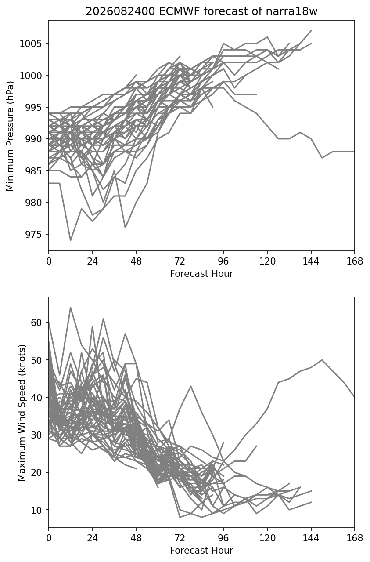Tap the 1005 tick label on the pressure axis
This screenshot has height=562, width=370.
[30, 44]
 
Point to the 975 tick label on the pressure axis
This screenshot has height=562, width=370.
[32, 234]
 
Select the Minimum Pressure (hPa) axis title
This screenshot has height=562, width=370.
[10, 136]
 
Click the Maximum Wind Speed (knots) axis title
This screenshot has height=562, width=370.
[22, 413]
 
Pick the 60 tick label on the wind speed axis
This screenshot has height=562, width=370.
[36, 323]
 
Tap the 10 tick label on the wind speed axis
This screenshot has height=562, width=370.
[36, 510]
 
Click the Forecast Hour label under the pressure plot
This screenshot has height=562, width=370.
[201, 273]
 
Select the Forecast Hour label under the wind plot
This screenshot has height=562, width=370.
[201, 551]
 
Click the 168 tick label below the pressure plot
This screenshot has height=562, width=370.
[355, 261]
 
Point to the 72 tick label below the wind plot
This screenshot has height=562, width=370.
[180, 538]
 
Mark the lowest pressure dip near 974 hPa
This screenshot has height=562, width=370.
[70, 240]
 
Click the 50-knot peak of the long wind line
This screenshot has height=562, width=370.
[322, 360]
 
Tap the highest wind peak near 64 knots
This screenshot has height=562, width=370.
[70, 307]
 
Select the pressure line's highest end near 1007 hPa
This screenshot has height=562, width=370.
[311, 30]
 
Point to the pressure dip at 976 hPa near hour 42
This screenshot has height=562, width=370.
[125, 228]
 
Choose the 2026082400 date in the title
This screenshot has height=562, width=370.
[121, 11]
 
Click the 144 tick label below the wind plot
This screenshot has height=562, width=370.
[311, 538]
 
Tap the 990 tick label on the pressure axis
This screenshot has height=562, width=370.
[32, 139]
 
